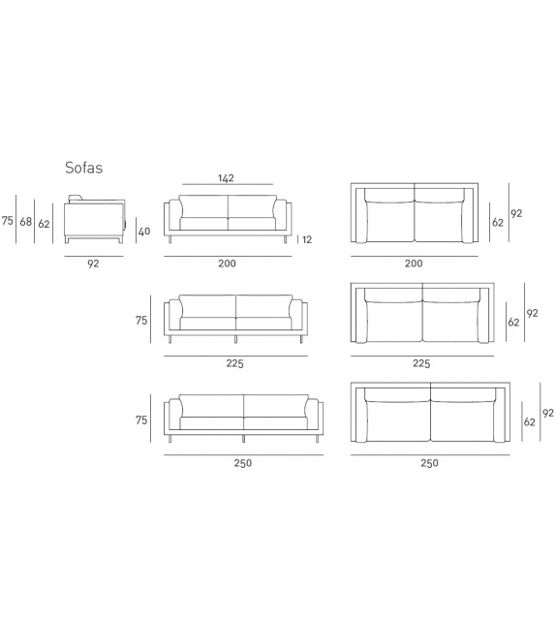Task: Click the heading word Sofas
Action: (x=84, y=168)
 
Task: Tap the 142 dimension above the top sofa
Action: (x=227, y=178)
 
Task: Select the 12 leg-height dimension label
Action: (x=306, y=239)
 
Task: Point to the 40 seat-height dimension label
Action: (x=144, y=231)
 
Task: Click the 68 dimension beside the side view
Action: (x=26, y=222)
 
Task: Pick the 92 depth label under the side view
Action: (x=93, y=262)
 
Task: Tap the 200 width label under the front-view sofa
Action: (x=227, y=263)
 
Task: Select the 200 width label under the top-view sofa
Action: (x=414, y=263)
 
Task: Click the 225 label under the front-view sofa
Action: (x=235, y=363)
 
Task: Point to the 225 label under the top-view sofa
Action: (x=421, y=363)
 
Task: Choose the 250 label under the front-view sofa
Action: (x=242, y=462)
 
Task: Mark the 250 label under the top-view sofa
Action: (x=428, y=462)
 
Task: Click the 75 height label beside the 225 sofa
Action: (x=141, y=321)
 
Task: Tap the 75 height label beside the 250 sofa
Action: (x=141, y=420)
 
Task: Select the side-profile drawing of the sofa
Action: (x=94, y=219)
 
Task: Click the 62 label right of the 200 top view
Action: (x=498, y=222)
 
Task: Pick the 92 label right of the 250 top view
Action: (x=548, y=413)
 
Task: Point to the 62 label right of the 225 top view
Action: (x=513, y=322)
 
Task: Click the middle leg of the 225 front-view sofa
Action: (x=235, y=340)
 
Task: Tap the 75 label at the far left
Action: (x=8, y=221)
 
